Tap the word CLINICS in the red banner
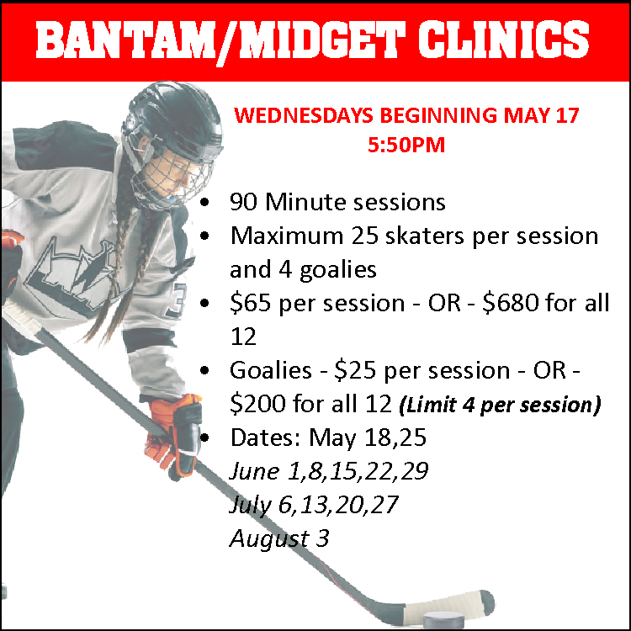click(x=503, y=40)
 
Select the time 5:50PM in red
click(x=406, y=145)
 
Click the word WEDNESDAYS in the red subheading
click(x=304, y=115)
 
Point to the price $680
click(x=511, y=303)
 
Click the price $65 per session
click(x=317, y=304)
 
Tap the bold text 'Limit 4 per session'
click(x=500, y=405)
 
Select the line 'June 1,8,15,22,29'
click(x=329, y=472)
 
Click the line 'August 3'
click(x=279, y=539)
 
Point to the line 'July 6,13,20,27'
click(x=314, y=506)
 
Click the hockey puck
click(x=443, y=620)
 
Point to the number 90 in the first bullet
click(x=243, y=202)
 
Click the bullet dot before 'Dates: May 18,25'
click(x=204, y=437)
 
